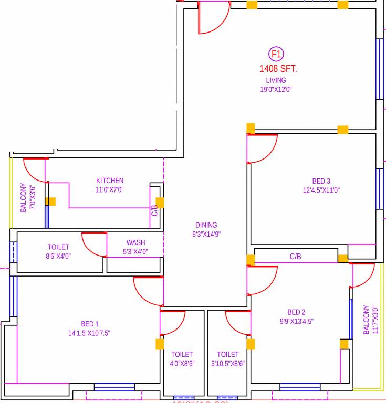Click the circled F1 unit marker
click(276, 54)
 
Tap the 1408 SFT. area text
click(278, 69)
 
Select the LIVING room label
click(276, 80)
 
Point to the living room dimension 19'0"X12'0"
click(276, 89)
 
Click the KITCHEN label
click(110, 181)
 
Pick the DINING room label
click(206, 225)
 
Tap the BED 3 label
click(321, 182)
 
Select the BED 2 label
click(296, 312)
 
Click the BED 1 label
click(89, 324)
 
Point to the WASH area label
click(135, 242)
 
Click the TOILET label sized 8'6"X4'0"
click(58, 247)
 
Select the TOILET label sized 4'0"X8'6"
click(182, 355)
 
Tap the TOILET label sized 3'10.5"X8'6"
click(227, 355)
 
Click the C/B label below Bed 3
click(296, 257)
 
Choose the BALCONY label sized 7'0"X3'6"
click(23, 198)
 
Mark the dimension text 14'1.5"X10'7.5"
click(89, 333)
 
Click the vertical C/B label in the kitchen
click(154, 210)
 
